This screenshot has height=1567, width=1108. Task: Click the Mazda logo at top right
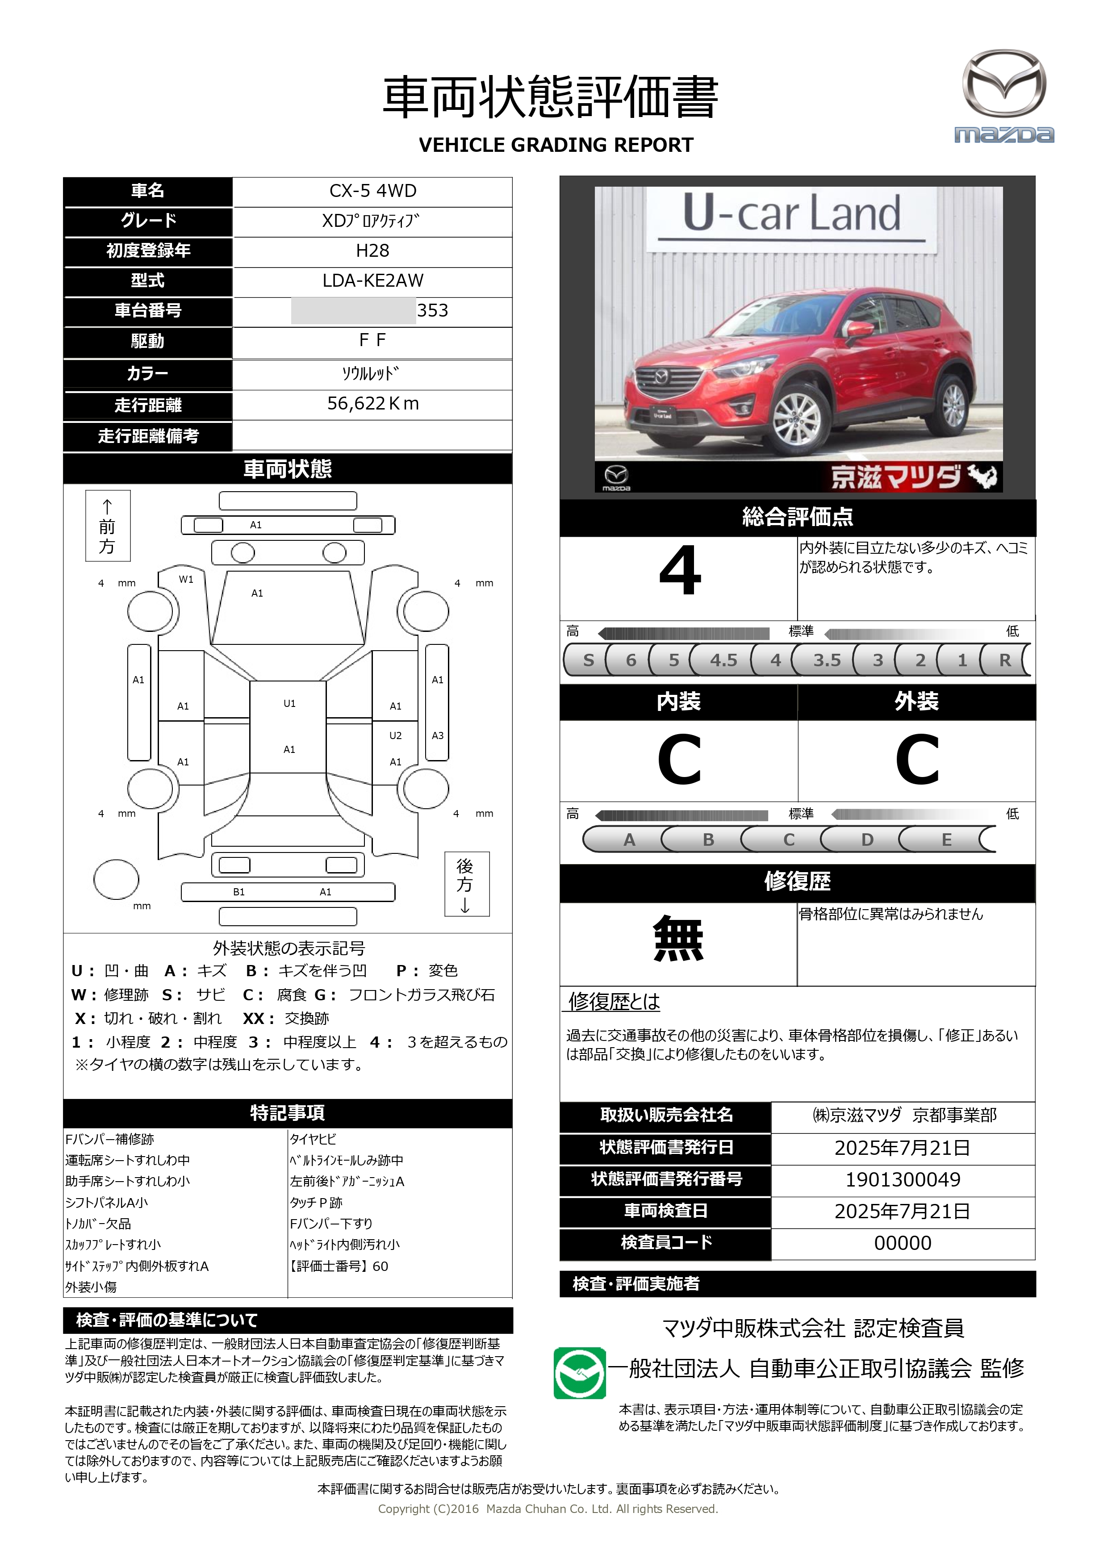pos(1003,96)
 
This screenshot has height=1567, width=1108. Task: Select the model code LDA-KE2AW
pos(373,280)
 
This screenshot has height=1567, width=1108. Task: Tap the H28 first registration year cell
pos(373,251)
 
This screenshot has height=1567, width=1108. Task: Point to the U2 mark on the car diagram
pos(395,735)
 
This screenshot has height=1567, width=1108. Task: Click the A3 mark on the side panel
pos(438,735)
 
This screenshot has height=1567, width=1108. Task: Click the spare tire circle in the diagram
pos(116,879)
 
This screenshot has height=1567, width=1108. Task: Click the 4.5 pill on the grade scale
pos(723,660)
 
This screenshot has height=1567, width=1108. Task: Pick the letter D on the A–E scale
pos(867,840)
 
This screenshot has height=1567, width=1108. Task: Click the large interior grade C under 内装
pos(679,760)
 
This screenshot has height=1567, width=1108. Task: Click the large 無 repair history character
pos(678,939)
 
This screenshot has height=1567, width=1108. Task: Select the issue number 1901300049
pos(903,1179)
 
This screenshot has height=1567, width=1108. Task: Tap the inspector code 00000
pos(903,1243)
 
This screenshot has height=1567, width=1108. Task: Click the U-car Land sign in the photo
pos(791,213)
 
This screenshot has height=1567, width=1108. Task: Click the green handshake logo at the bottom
pos(579,1372)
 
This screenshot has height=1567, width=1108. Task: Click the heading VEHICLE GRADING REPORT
pos(556,145)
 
